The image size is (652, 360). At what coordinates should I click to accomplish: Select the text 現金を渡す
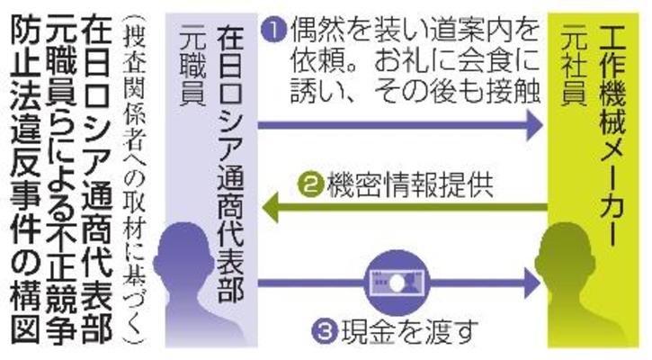click(x=397, y=329)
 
